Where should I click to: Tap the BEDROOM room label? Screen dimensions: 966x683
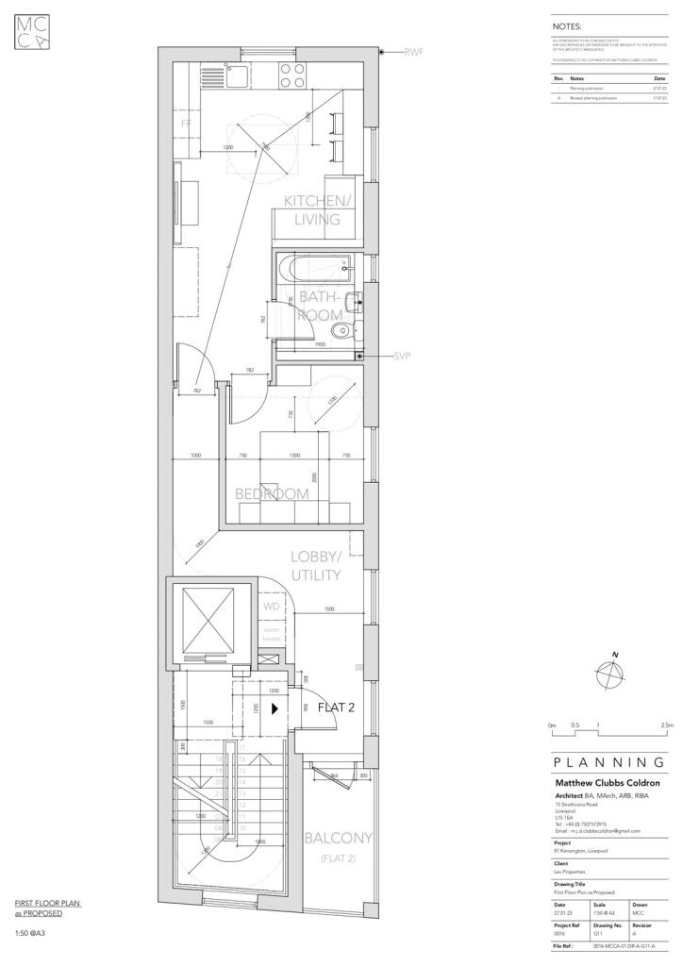click(272, 493)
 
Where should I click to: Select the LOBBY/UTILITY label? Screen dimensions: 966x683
click(315, 565)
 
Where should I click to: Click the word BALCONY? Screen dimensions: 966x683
click(338, 838)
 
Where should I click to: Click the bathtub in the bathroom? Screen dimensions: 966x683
click(317, 271)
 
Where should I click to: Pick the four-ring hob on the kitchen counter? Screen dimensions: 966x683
click(292, 75)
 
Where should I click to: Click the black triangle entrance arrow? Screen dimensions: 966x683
click(275, 706)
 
